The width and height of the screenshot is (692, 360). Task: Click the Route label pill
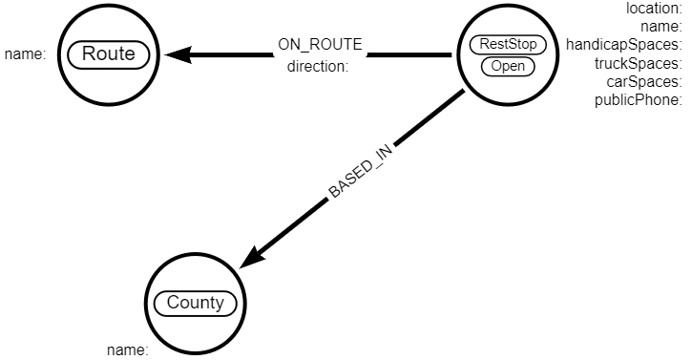108,54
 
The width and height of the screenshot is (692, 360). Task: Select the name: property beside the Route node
25,54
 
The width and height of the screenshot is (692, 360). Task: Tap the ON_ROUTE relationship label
321,45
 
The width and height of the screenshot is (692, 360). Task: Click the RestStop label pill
507,44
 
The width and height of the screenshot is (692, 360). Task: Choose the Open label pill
507,66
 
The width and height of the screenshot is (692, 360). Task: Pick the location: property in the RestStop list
653,8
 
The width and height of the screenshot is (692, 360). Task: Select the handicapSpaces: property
623,44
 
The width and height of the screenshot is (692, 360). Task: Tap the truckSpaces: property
637,63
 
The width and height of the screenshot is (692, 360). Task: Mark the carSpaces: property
644,81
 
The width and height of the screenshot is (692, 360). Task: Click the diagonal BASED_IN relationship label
361,174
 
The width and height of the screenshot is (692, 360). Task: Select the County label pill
195,304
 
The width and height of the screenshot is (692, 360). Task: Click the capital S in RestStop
514,44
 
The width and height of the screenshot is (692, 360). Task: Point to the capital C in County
173,304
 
